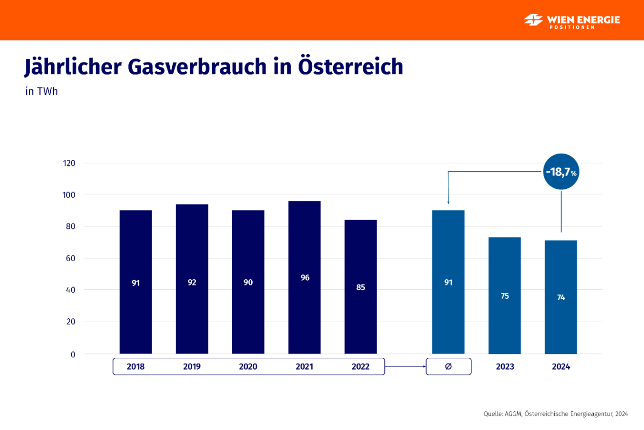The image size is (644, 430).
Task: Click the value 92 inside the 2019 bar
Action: [x=192, y=282]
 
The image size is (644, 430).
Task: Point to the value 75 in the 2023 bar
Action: [x=504, y=296]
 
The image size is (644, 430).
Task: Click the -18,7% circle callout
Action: [x=562, y=172]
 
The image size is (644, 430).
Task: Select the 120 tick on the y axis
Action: [x=69, y=163]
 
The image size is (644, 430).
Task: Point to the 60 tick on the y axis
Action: [x=71, y=258]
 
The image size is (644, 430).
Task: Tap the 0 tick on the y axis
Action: [x=73, y=354]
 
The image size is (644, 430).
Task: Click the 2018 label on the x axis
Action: [x=136, y=367]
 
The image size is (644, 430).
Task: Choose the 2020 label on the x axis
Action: [x=248, y=367]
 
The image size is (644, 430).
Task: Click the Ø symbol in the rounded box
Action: [x=448, y=367]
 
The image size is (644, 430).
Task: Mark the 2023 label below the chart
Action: [x=504, y=367]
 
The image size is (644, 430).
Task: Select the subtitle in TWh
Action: [x=41, y=91]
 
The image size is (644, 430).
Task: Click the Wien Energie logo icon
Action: [x=534, y=20]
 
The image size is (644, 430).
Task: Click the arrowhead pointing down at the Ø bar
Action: [x=448, y=202]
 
